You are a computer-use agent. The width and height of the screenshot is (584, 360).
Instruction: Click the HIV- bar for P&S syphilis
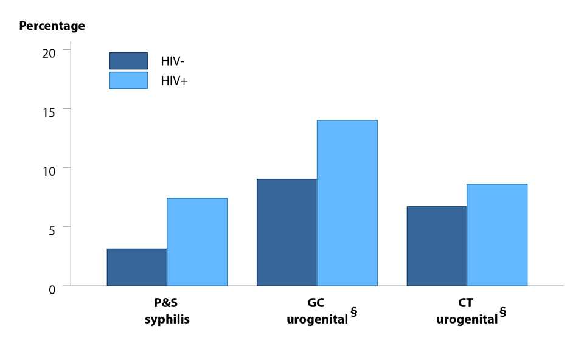(137, 268)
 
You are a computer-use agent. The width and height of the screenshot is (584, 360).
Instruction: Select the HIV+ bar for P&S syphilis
(197, 242)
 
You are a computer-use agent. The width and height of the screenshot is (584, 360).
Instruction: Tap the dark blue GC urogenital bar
(287, 232)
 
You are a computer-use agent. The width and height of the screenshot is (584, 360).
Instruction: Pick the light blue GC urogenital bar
(347, 203)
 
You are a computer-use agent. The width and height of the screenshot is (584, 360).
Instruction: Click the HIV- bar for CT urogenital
(437, 246)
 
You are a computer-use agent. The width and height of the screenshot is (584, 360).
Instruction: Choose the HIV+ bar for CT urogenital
(496, 235)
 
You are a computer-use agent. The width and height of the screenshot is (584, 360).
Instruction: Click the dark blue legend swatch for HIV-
(128, 61)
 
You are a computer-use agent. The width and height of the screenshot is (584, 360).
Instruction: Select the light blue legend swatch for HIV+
(128, 80)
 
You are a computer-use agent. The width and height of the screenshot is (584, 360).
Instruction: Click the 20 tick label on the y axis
(49, 52)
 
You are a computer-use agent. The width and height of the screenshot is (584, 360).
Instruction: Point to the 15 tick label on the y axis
(49, 112)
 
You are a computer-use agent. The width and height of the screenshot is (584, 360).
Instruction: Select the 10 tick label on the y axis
(49, 171)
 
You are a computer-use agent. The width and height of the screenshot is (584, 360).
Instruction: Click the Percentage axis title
(52, 26)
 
